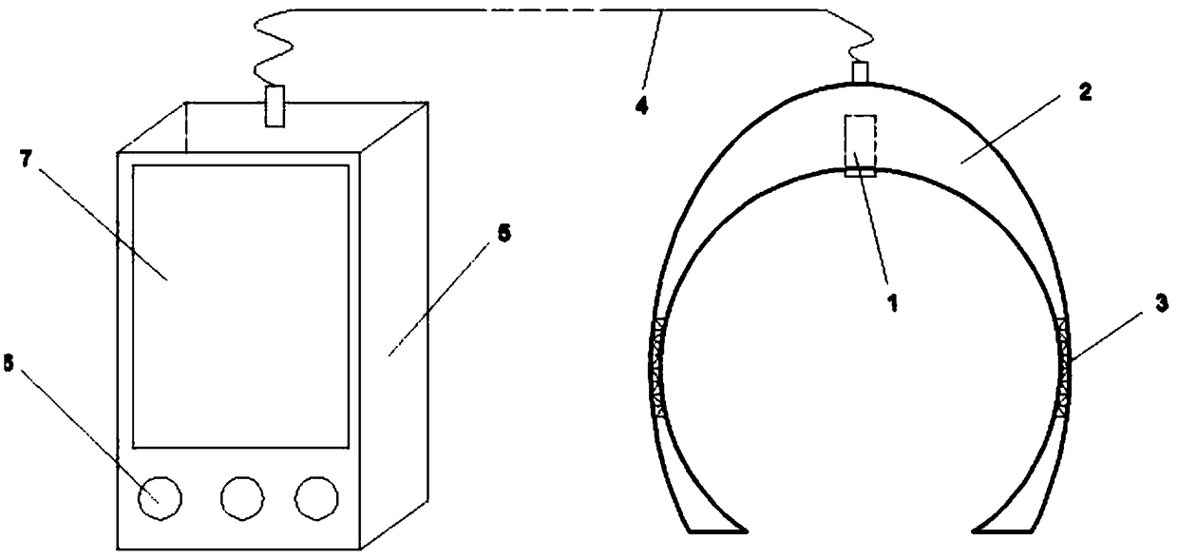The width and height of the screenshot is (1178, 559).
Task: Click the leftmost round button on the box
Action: point(161,496)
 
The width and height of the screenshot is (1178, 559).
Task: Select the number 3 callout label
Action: point(1161,301)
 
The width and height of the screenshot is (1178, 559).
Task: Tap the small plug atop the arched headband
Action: point(861,72)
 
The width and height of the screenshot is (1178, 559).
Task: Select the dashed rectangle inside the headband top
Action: point(858,145)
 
